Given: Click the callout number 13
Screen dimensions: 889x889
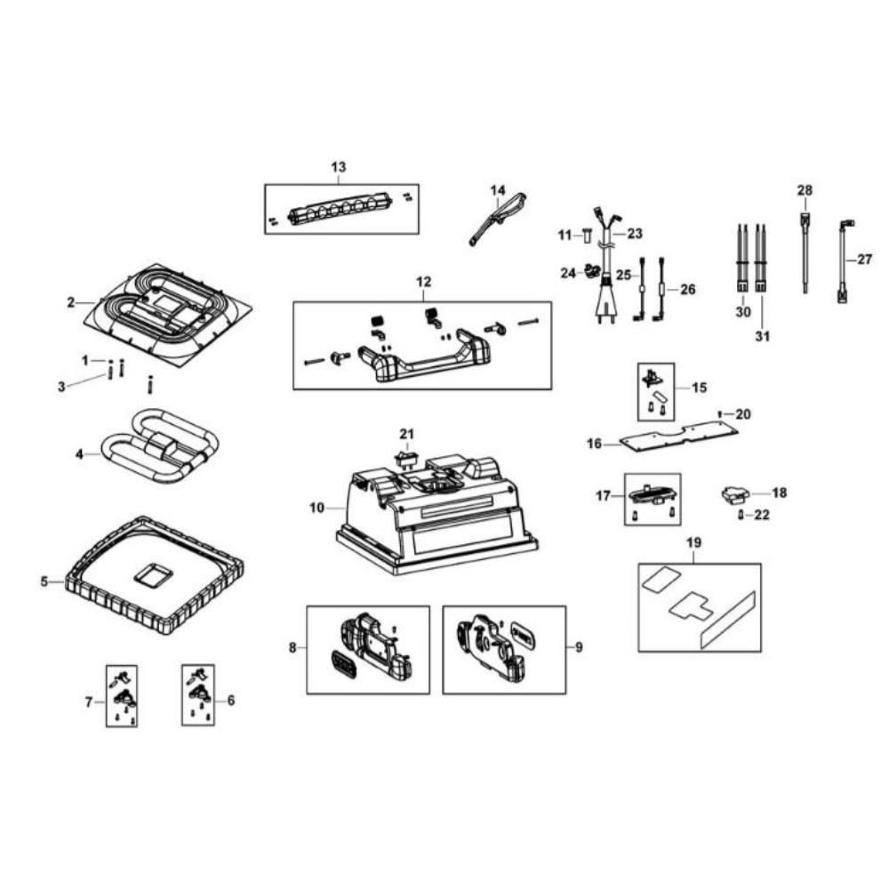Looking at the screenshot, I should [x=338, y=167].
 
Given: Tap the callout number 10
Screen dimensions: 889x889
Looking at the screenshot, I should [x=317, y=509].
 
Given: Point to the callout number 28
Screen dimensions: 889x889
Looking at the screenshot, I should [x=805, y=190].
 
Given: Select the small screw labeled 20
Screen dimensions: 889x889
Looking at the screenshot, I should [x=721, y=413].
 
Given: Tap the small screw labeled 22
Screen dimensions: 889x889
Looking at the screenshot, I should [x=741, y=515].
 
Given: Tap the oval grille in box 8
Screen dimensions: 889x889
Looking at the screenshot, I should [x=341, y=664].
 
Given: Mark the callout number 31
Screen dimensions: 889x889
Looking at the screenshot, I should [x=763, y=337].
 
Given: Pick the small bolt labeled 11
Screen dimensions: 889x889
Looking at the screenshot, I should [x=587, y=236].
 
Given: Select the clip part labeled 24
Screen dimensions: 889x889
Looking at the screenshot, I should [x=590, y=271].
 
